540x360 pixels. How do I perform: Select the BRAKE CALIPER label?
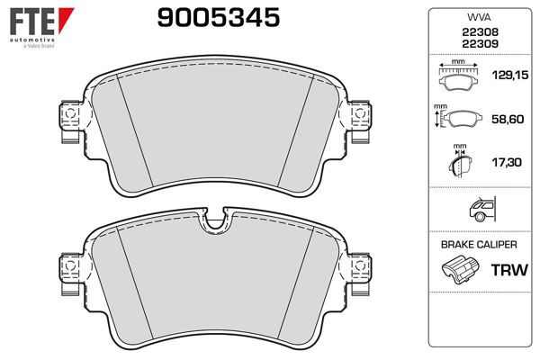pyautogui.click(x=478, y=244)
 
